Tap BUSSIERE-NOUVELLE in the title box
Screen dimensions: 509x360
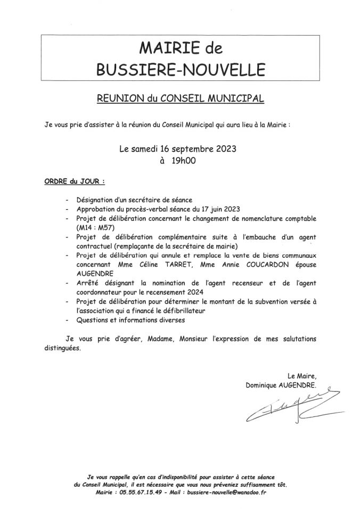(181, 70)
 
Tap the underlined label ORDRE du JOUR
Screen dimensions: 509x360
(74, 182)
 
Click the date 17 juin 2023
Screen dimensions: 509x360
(219, 209)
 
